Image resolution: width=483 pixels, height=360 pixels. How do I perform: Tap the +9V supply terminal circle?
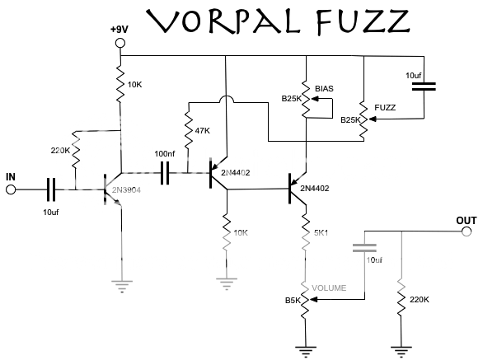[120, 43]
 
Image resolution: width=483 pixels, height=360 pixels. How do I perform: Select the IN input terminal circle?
[12, 190]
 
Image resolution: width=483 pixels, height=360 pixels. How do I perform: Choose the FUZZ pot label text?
[384, 107]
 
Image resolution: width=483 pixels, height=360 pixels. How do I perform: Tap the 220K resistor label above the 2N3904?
[59, 151]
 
